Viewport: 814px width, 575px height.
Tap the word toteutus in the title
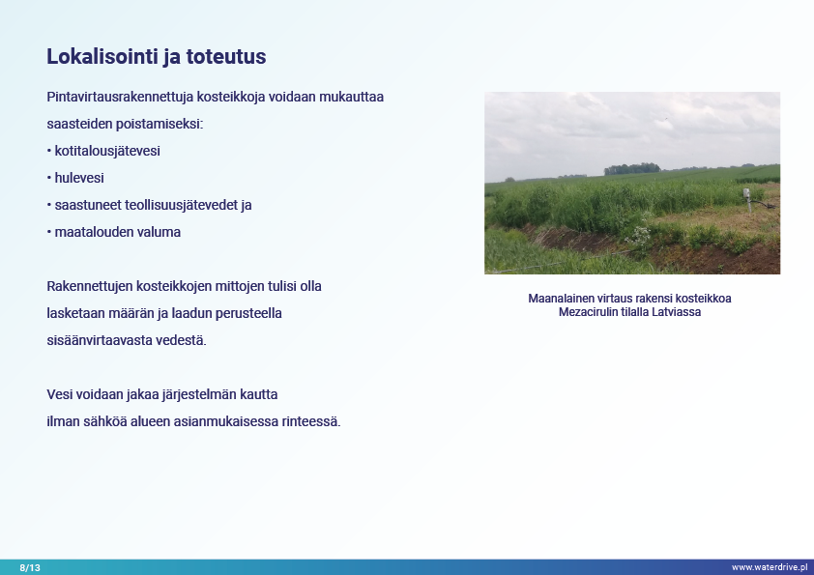(226, 57)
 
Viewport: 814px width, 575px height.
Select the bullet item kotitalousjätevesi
(107, 151)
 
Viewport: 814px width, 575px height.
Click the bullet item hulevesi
(79, 178)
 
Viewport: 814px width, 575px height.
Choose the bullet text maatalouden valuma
(118, 232)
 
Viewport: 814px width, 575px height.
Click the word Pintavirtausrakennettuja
(120, 97)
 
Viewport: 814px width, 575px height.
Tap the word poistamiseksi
(160, 124)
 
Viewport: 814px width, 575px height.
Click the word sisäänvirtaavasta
(100, 340)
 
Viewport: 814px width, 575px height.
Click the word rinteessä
(311, 421)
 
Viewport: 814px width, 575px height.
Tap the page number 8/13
(30, 567)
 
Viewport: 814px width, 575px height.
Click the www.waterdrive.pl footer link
(770, 567)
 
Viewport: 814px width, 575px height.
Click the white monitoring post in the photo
(747, 199)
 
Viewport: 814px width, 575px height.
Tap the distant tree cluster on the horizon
(632, 169)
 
